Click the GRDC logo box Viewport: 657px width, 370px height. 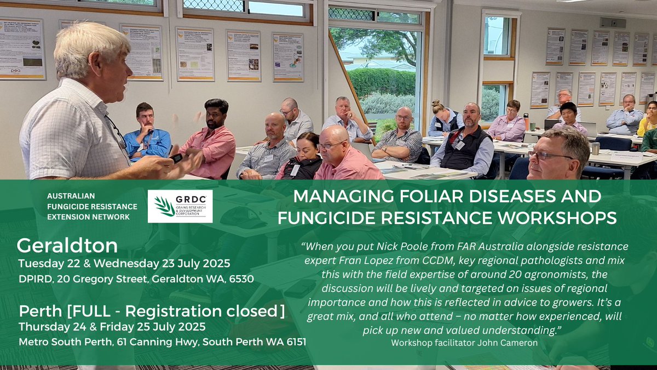[180, 206]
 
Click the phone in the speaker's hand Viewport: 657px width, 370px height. [176, 158]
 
